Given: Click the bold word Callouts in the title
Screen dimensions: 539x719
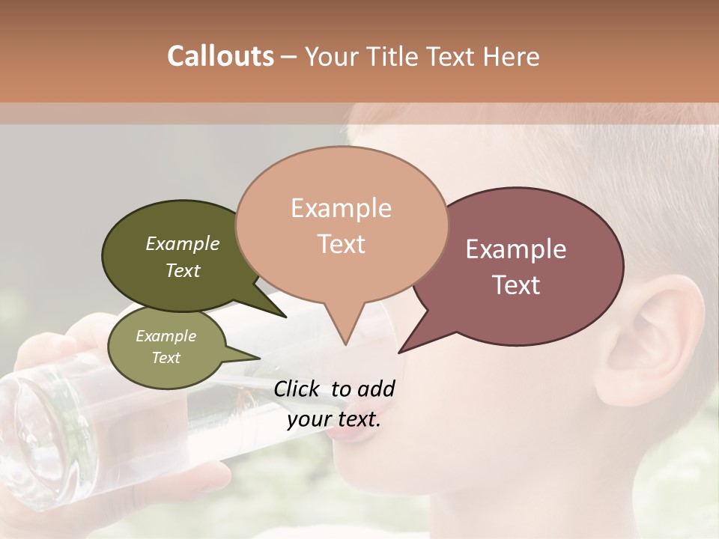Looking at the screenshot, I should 220,56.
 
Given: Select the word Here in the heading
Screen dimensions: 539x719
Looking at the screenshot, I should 513,56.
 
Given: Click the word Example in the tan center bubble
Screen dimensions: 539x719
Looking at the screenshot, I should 341,208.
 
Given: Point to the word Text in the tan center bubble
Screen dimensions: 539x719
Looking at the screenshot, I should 341,244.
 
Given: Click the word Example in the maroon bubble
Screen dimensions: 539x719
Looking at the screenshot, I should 516,249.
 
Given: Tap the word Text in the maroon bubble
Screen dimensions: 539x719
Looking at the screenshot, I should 516,285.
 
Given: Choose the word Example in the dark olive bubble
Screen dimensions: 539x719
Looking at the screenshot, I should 183,243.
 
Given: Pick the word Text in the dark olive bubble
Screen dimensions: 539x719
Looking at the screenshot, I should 183,270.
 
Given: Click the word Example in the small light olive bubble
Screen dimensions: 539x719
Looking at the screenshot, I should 166,336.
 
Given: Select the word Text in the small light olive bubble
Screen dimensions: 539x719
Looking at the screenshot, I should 166,358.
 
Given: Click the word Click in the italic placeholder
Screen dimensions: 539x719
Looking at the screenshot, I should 298,389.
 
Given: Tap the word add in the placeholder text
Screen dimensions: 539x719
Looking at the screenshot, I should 377,389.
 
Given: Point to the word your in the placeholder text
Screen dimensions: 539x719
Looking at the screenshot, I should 309,419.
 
